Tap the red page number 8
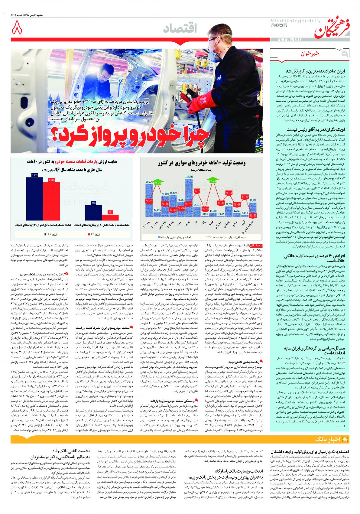point(17,29)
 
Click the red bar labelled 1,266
point(51,201)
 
